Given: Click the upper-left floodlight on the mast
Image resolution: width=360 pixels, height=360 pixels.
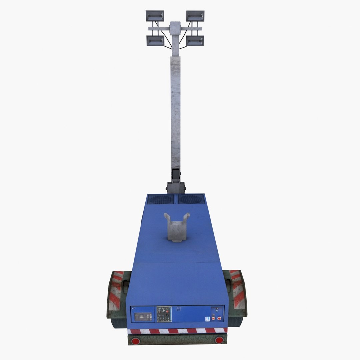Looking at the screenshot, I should [x=155, y=16].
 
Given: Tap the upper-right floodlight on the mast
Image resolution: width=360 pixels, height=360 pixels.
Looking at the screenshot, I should [x=195, y=16].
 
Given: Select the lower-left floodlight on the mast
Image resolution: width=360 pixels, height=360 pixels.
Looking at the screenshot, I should [x=155, y=40].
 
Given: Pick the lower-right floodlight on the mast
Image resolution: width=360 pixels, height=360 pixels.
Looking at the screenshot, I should [x=195, y=40].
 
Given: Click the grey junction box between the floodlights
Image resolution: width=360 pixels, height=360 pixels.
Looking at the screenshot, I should [x=175, y=28].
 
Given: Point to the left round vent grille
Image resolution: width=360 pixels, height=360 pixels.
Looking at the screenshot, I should [x=161, y=199].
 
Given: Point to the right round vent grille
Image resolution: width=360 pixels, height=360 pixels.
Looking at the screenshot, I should [x=191, y=199].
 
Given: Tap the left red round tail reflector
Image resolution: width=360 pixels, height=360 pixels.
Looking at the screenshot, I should [x=136, y=340].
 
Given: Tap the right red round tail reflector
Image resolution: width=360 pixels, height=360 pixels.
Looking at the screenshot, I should [x=219, y=340].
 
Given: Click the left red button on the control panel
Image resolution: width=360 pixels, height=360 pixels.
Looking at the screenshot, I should [x=213, y=318].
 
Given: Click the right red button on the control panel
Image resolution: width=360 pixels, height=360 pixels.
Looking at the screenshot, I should [x=219, y=318].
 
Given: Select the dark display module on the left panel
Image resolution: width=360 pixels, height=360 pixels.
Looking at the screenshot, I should [x=144, y=316].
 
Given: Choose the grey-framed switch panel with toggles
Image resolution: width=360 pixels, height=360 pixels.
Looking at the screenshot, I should [x=164, y=314].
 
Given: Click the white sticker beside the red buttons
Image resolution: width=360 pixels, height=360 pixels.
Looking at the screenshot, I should [x=208, y=319].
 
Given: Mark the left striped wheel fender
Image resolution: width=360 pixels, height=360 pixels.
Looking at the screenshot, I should [x=115, y=293].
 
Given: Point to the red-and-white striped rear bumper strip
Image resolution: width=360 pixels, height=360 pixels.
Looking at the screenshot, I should [x=177, y=331].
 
